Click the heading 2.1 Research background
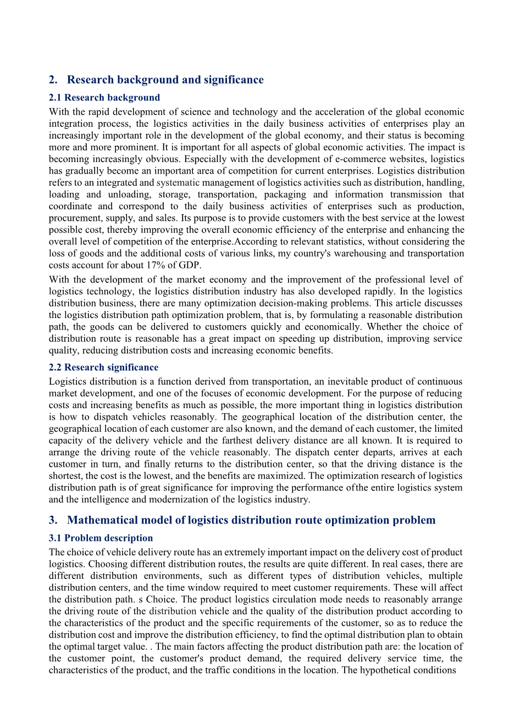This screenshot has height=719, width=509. coord(104,98)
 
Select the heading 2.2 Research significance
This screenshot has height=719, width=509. coord(103,367)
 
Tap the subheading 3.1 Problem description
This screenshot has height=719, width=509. coord(101,538)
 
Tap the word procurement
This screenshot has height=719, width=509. coord(73,218)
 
